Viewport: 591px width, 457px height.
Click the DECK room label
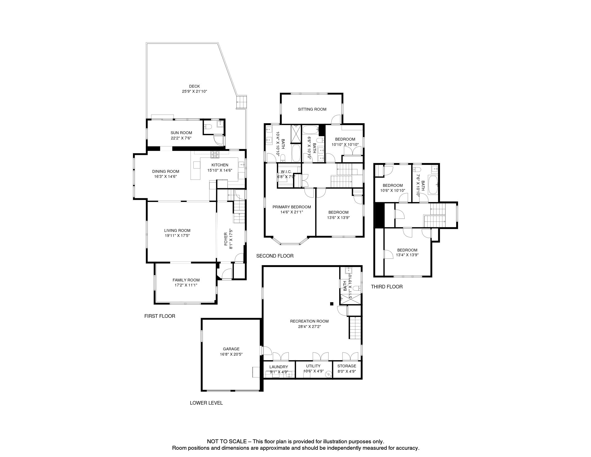tap(194, 86)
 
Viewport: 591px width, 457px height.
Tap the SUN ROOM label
tap(181, 133)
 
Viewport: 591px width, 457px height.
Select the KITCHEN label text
tap(220, 165)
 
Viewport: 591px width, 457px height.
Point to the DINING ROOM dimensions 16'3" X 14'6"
tap(166, 176)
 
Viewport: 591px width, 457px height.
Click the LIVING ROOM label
tap(177, 230)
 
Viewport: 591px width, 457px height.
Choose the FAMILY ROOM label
tap(186, 280)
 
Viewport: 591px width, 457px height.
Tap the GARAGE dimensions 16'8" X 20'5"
tap(231, 354)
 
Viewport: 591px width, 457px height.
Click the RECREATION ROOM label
tap(309, 321)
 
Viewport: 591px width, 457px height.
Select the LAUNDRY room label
tap(279, 367)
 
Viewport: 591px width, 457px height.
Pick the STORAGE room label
tap(347, 366)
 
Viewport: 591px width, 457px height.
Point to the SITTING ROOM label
tap(312, 109)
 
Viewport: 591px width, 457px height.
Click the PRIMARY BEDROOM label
tap(292, 207)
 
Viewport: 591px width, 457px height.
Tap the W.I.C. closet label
tap(286, 172)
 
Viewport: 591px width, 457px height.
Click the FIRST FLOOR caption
tap(160, 316)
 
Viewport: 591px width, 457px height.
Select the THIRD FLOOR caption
tap(387, 287)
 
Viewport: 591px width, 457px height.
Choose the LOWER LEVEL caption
tap(206, 403)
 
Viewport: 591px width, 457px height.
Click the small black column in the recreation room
tap(332, 304)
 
